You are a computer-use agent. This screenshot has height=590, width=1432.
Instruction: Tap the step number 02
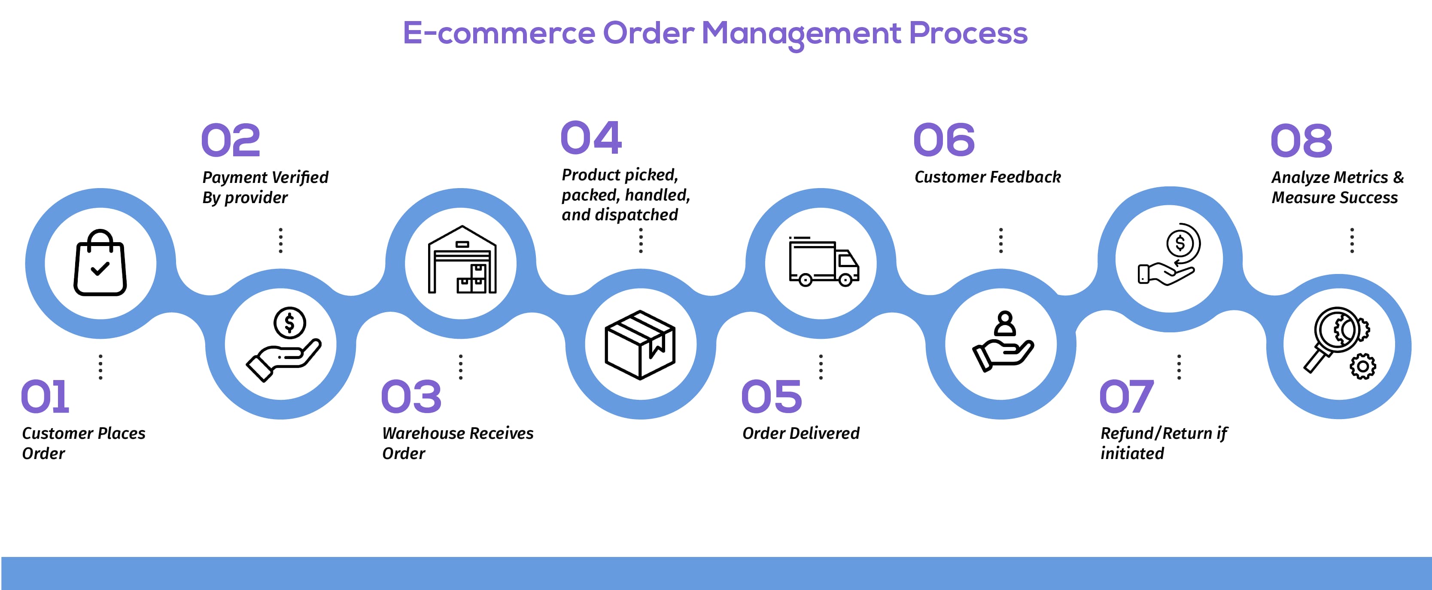pos(230,140)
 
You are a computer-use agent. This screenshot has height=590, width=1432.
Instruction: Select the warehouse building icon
pos(462,260)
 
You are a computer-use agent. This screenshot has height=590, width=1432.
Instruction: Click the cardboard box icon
pos(640,345)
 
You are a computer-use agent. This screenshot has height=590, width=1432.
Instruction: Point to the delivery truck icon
pos(823,262)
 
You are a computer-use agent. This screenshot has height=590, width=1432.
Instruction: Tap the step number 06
pos(943,140)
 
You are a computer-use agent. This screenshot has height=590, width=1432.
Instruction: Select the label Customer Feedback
pos(987,177)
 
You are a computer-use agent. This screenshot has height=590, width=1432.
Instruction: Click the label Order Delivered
pos(800,433)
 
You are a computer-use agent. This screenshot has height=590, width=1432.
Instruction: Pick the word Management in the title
pos(800,33)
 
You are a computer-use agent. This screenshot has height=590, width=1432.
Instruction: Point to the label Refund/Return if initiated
pos(1163,443)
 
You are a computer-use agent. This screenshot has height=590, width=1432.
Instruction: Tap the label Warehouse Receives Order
pos(457,443)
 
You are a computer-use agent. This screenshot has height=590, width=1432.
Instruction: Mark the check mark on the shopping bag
pos(100,269)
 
